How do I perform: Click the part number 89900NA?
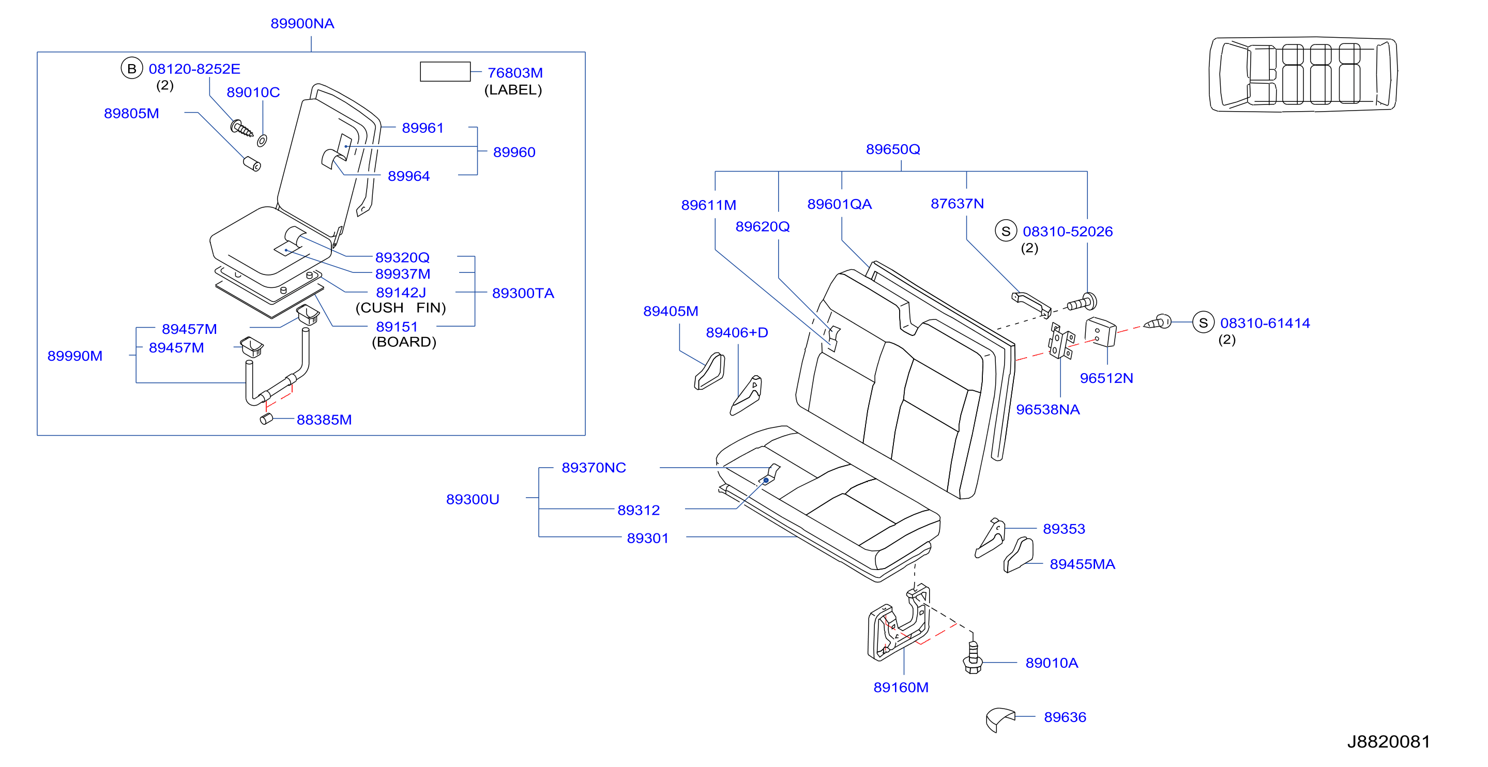(302, 24)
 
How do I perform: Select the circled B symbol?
(132, 69)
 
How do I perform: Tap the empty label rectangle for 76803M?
(445, 72)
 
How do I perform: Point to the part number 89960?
(514, 152)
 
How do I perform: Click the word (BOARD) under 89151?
(404, 342)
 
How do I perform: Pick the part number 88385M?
(324, 420)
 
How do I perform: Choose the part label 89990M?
(75, 356)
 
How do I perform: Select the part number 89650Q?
(892, 149)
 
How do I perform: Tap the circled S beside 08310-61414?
(1203, 323)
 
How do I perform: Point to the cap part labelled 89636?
(999, 719)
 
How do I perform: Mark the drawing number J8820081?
(1389, 742)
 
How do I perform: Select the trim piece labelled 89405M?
(709, 372)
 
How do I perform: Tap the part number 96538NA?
(1048, 409)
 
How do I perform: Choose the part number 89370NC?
(594, 467)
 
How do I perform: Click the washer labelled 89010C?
(262, 141)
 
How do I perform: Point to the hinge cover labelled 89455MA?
(1018, 555)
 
